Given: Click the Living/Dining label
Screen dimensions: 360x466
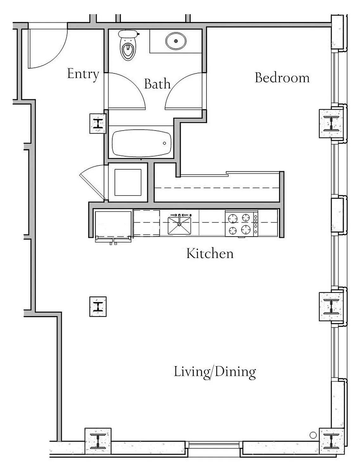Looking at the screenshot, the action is pos(215,372).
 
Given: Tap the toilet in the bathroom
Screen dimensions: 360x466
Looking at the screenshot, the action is pos(128,45).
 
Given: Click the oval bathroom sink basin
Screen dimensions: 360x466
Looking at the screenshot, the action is pos(176,41).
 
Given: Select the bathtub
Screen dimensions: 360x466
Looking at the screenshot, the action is pos(141,143).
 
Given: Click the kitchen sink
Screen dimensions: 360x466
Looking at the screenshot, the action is pos(179,225).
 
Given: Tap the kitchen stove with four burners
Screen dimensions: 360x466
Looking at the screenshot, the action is pos(242,223).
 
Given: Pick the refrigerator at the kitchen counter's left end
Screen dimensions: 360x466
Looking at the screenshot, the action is pos(113,227).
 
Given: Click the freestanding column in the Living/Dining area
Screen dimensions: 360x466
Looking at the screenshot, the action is pos(98,307).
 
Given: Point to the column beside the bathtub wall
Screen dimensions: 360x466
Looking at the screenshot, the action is pos(98,124).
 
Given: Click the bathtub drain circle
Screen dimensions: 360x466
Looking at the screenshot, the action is pos(164,143).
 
